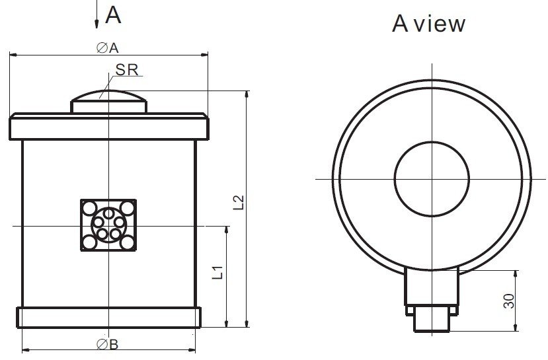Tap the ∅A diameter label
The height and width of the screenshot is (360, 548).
[106, 48]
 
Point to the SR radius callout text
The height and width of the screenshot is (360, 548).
[126, 69]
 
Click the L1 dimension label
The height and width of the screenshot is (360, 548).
[217, 272]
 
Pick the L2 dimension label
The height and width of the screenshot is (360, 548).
[239, 202]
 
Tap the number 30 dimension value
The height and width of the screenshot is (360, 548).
[508, 301]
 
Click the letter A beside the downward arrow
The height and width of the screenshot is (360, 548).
[114, 15]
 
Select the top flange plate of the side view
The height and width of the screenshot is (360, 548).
[109, 126]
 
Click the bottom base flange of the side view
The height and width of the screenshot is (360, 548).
[109, 317]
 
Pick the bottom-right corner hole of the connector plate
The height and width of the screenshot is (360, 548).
[127, 242]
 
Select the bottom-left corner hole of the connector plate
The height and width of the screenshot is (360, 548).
[89, 242]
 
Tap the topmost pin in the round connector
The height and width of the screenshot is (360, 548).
[108, 213]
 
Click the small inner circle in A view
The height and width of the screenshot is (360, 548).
[432, 178]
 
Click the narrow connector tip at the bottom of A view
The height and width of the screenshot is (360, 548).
[432, 322]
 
